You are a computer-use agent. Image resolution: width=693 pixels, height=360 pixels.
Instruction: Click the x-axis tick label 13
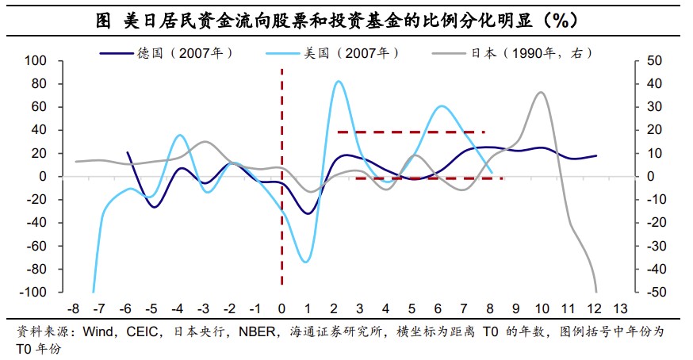[620, 308]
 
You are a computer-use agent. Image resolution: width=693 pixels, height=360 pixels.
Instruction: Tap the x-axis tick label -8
[74, 308]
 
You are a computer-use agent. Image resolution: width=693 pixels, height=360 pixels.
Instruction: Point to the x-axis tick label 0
[281, 308]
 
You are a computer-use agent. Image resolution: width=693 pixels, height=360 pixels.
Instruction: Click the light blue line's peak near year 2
[339, 81]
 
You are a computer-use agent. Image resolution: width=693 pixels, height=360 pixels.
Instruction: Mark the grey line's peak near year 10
[541, 92]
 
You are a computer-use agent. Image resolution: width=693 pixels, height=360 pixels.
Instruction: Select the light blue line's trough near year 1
[305, 262]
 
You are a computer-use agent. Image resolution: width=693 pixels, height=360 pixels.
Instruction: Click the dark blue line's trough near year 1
[307, 213]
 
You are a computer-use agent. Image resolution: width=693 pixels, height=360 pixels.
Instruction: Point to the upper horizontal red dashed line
[411, 132]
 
